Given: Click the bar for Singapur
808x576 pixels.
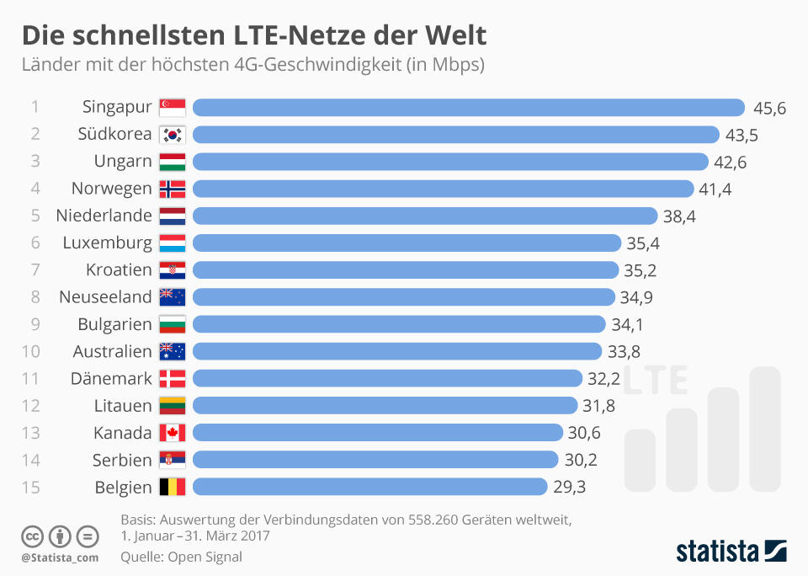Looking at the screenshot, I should [469, 107].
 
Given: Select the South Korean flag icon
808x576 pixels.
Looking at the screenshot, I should [172, 134].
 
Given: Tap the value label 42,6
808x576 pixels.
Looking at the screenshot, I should [730, 162].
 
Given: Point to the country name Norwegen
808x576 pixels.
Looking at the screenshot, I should [111, 188].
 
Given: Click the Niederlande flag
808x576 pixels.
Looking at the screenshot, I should [172, 216].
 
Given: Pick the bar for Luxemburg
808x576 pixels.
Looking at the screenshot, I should [407, 243].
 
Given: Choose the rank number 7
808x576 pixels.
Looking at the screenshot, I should [35, 270].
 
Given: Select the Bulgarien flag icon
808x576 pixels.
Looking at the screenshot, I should [172, 324].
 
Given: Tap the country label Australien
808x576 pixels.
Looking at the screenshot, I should [112, 351].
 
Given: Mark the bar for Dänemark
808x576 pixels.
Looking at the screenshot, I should [387, 378].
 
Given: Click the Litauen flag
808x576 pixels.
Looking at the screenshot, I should [172, 405].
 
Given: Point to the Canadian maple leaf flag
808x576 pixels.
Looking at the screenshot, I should [172, 433].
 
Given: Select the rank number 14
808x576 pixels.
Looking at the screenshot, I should [35, 460].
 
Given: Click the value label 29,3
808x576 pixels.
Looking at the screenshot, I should [569, 487].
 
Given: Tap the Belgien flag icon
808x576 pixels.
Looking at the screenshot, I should [172, 487].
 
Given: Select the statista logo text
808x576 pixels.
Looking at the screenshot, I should [714, 552].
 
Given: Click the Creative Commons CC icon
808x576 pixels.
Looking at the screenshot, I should [32, 536].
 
